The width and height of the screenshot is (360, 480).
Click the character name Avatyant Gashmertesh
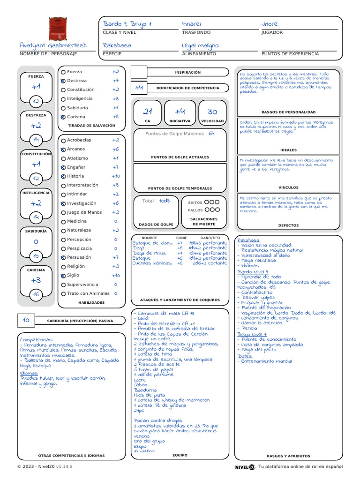pyautogui.click(x=53, y=45)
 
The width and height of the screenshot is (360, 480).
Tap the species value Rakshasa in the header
pyautogui.click(x=117, y=45)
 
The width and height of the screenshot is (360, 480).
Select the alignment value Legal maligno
pyautogui.click(x=200, y=45)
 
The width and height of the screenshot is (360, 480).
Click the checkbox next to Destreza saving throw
pyautogui.click(x=63, y=81)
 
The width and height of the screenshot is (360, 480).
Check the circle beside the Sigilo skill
pyautogui.click(x=63, y=276)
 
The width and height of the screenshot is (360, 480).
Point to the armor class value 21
pyautogui.click(x=148, y=112)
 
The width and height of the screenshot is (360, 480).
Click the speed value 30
pyautogui.click(x=212, y=112)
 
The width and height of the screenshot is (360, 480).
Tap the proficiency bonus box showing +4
pyautogui.click(x=139, y=88)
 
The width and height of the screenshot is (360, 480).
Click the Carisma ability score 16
pyautogui.click(x=36, y=295)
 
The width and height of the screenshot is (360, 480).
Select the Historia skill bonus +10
pyautogui.click(x=116, y=176)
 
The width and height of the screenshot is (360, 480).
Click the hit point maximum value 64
pyautogui.click(x=211, y=134)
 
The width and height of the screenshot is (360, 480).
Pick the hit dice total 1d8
pyautogui.click(x=164, y=201)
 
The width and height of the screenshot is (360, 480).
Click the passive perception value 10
pyautogui.click(x=26, y=320)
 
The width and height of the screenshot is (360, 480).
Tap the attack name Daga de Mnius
pyautogui.click(x=149, y=253)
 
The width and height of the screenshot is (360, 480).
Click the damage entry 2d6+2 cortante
pyautogui.click(x=210, y=263)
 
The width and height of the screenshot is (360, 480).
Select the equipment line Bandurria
pyautogui.click(x=142, y=390)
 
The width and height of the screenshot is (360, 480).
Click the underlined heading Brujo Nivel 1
pyautogui.click(x=252, y=334)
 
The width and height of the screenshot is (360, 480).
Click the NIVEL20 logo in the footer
pyautogui.click(x=245, y=467)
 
